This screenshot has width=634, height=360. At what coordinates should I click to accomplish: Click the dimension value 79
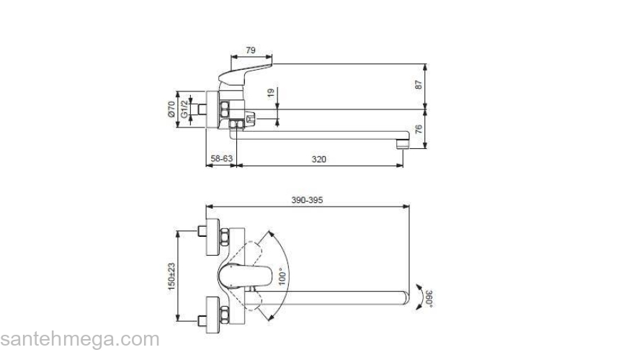[x=251, y=50]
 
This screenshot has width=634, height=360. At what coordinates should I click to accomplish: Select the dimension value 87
[x=419, y=85]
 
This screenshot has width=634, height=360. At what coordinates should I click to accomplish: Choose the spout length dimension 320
[x=319, y=158]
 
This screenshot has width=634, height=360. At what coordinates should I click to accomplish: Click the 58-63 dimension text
[x=221, y=158]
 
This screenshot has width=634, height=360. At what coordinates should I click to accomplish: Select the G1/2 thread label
[x=184, y=109]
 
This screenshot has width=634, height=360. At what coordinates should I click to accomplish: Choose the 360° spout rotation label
[x=429, y=297]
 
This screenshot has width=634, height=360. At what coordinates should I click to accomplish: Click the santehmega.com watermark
[x=79, y=339]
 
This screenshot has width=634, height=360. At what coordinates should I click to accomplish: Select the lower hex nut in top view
[x=225, y=315]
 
